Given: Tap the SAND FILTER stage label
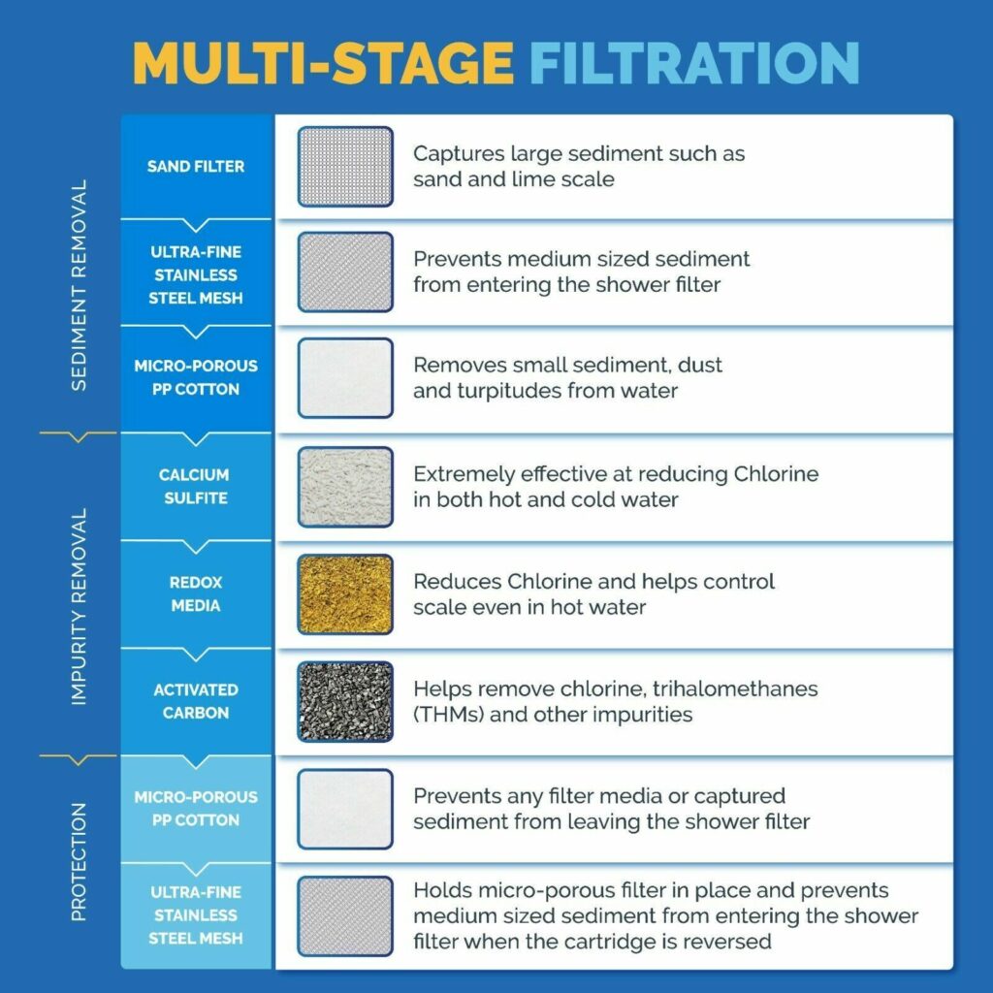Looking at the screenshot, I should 196,167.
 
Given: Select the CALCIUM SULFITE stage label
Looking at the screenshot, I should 194,487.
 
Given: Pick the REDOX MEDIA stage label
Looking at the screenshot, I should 195,594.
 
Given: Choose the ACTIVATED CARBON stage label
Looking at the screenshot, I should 195,701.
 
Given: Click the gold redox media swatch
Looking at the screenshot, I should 345,594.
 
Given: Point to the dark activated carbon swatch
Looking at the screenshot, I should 345,701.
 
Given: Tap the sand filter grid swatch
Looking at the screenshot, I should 345,167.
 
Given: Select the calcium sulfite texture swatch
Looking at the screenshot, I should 345,487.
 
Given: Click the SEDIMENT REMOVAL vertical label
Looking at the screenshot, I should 80,285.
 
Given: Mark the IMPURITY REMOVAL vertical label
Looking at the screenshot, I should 80,606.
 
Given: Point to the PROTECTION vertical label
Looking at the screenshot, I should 80,861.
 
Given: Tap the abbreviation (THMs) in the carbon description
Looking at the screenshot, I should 447,715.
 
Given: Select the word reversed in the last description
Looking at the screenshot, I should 730,941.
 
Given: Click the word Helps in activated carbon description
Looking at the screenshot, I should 442,689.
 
